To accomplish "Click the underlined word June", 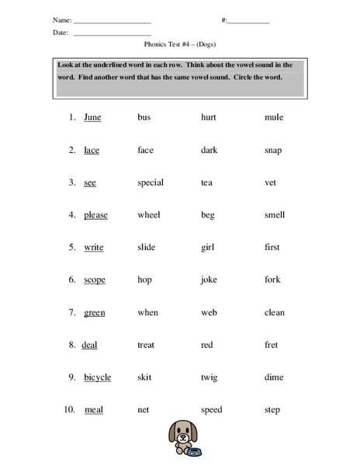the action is (x=92, y=117).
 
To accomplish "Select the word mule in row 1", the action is (x=274, y=117).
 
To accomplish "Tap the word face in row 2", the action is (x=146, y=150).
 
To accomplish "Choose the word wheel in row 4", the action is (x=148, y=215).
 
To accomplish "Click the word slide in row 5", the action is (x=147, y=247).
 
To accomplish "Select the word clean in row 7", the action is (x=275, y=312).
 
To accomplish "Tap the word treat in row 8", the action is (x=147, y=345).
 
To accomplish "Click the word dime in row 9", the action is (x=273, y=377).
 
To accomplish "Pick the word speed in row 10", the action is (x=211, y=410).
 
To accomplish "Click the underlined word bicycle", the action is (x=98, y=377).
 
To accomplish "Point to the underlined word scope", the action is (x=95, y=280).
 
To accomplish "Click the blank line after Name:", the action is (x=112, y=22).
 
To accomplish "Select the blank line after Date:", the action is (x=112, y=35).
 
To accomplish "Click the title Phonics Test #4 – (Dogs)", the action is (x=180, y=47).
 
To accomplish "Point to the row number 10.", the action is (x=69, y=410).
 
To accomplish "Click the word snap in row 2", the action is (x=273, y=150).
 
